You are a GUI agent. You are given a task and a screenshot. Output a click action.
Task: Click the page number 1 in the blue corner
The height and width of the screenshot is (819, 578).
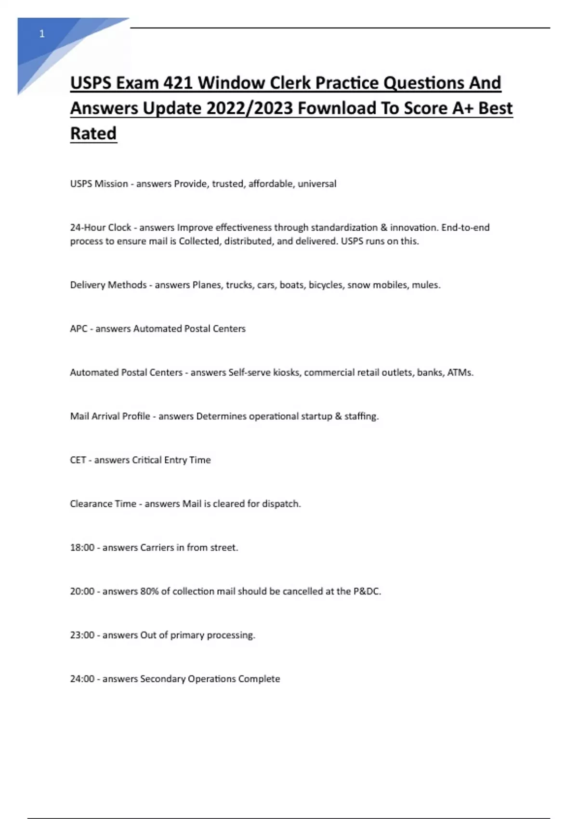42,34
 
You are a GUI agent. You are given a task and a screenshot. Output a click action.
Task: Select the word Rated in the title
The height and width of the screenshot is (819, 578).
93,133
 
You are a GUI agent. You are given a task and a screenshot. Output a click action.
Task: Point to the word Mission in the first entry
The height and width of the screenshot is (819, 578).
111,184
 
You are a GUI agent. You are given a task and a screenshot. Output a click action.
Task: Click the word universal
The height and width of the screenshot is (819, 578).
317,184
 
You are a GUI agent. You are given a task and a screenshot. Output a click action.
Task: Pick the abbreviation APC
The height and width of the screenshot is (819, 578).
79,329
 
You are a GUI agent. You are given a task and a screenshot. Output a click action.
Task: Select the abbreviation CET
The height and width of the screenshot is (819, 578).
78,460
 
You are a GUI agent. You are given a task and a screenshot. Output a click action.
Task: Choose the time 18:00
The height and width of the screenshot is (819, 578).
82,548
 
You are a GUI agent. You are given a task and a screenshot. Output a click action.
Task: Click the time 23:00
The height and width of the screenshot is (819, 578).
82,635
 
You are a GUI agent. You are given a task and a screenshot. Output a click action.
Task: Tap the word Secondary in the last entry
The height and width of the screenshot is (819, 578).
163,679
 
